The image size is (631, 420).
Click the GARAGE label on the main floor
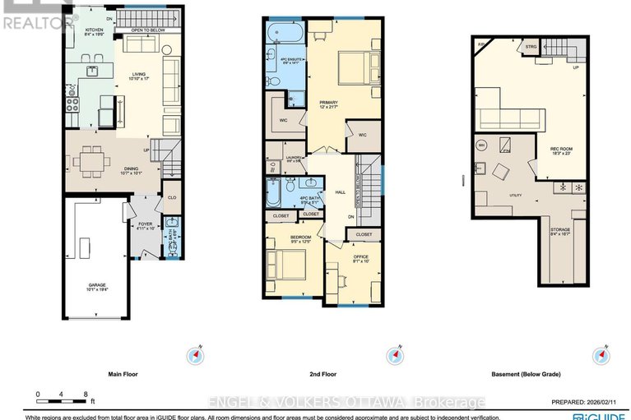tap(97, 287)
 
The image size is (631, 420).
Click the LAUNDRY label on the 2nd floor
tap(295, 159)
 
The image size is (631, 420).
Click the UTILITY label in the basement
tap(493, 196)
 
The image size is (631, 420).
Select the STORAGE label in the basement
tap(562, 231)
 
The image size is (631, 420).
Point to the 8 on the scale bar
tap(86, 393)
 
